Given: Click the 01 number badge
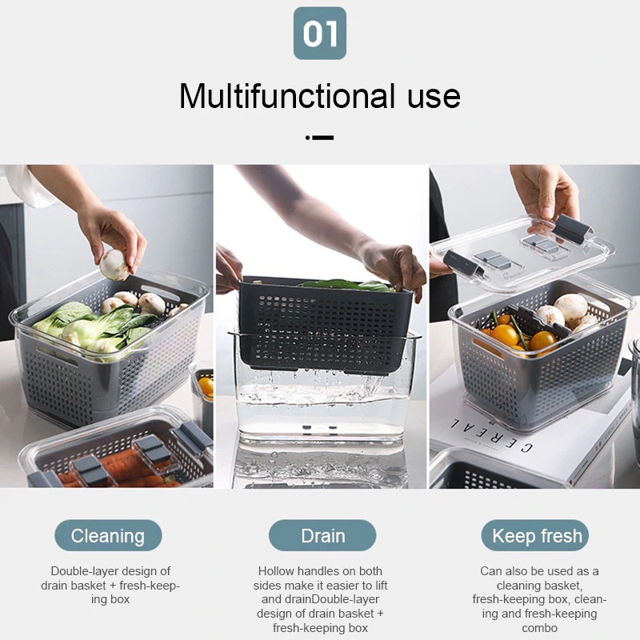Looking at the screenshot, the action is tap(319, 33).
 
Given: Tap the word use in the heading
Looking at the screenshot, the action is tap(434, 98).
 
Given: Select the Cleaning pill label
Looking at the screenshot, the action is tap(108, 535).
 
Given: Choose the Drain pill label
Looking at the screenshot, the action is tap(322, 535).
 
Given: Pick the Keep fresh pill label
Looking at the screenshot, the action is tap(535, 535).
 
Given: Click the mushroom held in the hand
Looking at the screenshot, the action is tap(114, 265).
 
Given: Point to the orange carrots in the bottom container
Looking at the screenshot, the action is tap(122, 470).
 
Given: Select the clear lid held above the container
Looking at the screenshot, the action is tap(522, 252).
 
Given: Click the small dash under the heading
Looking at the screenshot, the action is tap(319, 138).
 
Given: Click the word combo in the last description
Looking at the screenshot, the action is tap(539, 628).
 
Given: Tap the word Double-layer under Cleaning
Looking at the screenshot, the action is tap(86, 571).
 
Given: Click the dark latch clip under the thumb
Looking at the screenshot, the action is tap(571, 230).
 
